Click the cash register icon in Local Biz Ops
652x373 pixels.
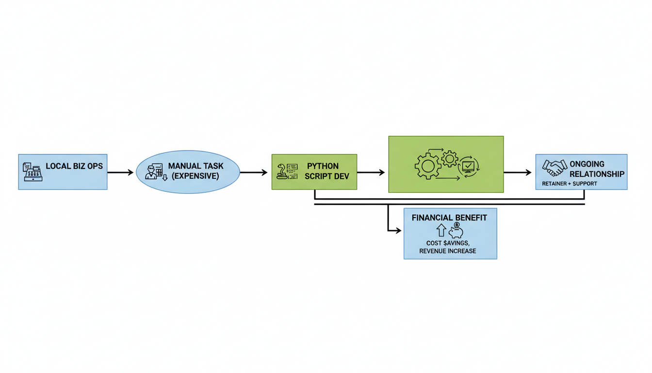tap(33, 172)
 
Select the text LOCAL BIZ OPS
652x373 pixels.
tap(74, 166)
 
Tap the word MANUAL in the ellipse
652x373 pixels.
tap(182, 166)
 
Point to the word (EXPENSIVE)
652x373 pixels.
tap(196, 176)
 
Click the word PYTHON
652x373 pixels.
tap(323, 166)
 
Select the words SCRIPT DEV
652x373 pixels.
tap(326, 176)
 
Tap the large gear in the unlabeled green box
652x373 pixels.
tap(427, 166)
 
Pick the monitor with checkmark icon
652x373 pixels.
tap(468, 166)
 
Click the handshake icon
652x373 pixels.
tap(554, 168)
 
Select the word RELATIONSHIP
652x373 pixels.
tap(597, 174)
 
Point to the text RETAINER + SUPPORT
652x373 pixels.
tap(569, 184)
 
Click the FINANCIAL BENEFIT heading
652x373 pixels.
tap(449, 218)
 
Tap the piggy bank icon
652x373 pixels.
tap(456, 231)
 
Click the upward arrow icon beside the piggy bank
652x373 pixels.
tap(441, 230)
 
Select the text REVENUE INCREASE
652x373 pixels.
tap(448, 251)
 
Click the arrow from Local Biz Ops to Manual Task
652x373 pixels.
tap(120, 172)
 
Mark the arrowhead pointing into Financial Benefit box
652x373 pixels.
tap(399, 231)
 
